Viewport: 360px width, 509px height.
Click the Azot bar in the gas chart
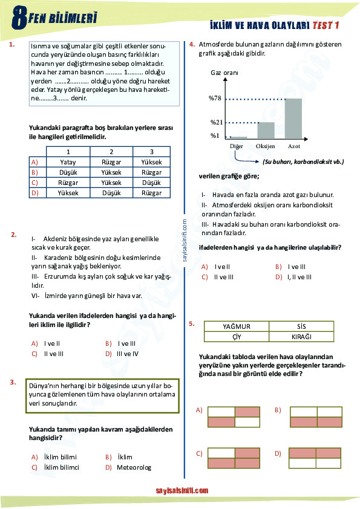[x=293, y=118]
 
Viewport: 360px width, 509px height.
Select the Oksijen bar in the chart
[x=266, y=131]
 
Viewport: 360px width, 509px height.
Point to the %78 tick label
[x=215, y=99]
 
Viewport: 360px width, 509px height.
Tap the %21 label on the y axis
[x=217, y=123]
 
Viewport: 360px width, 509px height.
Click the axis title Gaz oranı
[x=224, y=73]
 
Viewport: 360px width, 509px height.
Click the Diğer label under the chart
[x=237, y=147]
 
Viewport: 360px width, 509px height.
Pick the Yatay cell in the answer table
[x=68, y=162]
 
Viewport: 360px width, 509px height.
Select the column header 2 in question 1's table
[x=111, y=152]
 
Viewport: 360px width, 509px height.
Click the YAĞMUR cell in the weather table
[x=236, y=326]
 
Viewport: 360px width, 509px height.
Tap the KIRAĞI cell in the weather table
[x=301, y=336]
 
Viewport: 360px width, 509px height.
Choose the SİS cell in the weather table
[x=301, y=326]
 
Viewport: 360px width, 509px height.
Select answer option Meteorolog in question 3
[x=134, y=467]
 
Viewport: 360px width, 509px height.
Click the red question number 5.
[x=191, y=324]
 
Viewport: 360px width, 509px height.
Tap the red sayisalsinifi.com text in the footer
[x=182, y=491]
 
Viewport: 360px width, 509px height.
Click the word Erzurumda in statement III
[x=59, y=276]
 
